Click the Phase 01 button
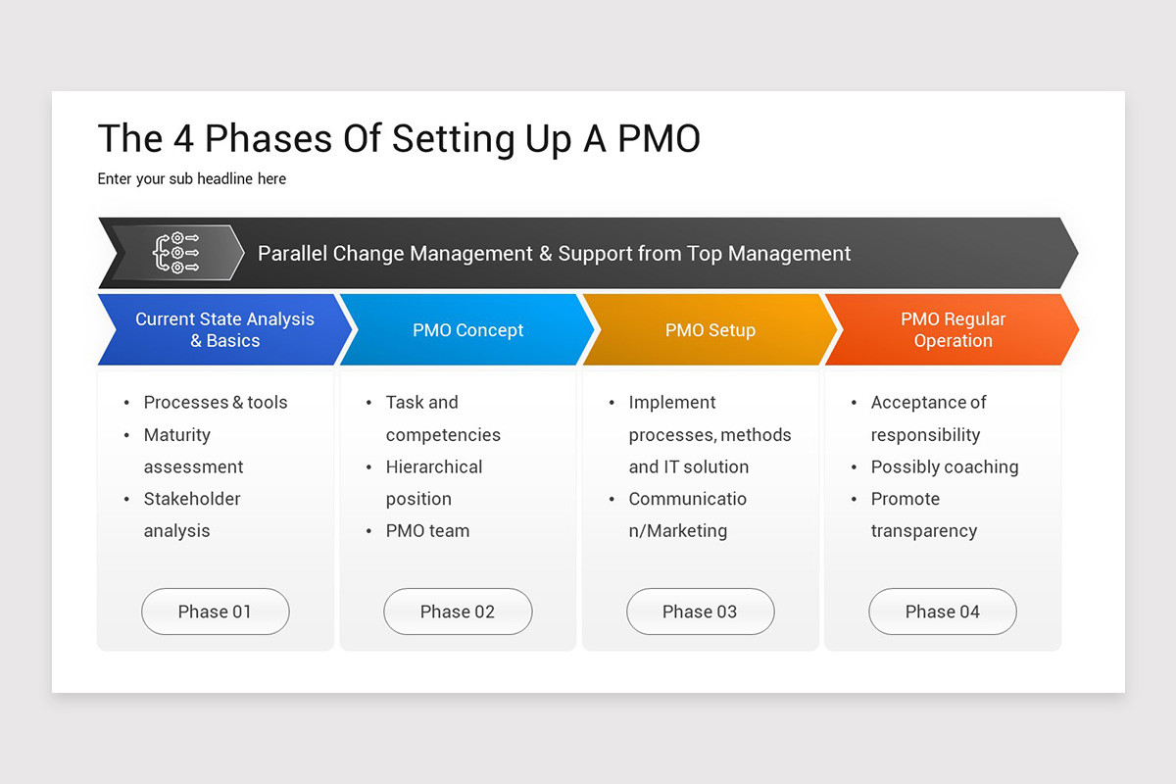coord(215,612)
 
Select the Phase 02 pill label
coord(457,612)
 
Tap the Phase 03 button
coord(700,612)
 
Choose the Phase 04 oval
coord(942,612)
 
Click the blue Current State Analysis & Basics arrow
coord(224,330)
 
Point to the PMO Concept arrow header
coord(467,330)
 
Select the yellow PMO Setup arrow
coord(710,330)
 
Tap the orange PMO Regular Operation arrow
coord(953,330)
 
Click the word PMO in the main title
coord(659,139)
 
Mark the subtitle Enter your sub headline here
coord(192,178)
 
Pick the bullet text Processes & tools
coord(216,402)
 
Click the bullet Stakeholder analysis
coord(191,514)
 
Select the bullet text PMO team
coord(427,531)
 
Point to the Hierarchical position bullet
coord(433,482)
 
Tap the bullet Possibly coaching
coord(945,466)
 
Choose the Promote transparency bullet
coord(923,514)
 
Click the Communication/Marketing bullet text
coord(687,514)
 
